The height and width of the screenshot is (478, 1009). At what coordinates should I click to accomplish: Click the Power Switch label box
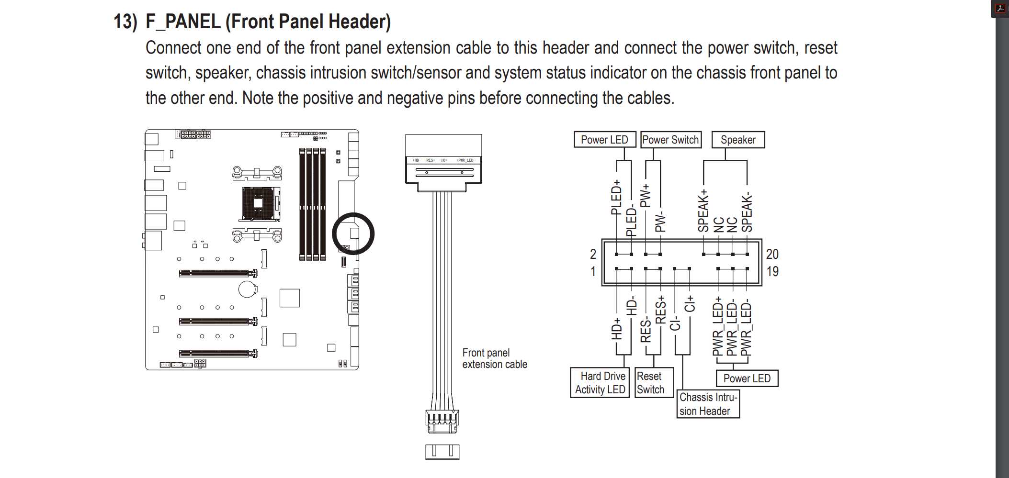(670, 140)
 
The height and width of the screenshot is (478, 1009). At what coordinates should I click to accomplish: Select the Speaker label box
(738, 140)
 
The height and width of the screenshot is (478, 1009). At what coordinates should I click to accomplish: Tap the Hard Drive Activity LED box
(600, 383)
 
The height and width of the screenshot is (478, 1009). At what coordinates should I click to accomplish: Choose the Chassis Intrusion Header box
(708, 404)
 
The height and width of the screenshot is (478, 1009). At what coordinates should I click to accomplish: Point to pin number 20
(772, 254)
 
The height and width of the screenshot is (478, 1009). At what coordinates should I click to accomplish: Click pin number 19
(772, 272)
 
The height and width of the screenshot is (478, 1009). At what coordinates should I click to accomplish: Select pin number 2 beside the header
(593, 254)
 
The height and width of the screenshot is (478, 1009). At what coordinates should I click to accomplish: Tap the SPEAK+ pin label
(703, 211)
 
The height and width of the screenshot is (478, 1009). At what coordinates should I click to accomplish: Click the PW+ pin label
(646, 195)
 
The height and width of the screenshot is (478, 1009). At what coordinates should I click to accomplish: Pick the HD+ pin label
(617, 329)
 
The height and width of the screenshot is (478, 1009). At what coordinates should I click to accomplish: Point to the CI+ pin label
(689, 304)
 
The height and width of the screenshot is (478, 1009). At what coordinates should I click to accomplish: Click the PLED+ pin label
(616, 197)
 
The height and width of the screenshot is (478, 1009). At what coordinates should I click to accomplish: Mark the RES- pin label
(646, 329)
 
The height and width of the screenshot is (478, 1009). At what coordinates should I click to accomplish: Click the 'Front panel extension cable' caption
(494, 358)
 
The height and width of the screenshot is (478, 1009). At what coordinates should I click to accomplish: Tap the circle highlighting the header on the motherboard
(353, 233)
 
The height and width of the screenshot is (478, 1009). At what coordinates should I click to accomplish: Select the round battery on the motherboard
(247, 289)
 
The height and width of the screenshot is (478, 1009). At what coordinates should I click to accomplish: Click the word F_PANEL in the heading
(183, 22)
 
